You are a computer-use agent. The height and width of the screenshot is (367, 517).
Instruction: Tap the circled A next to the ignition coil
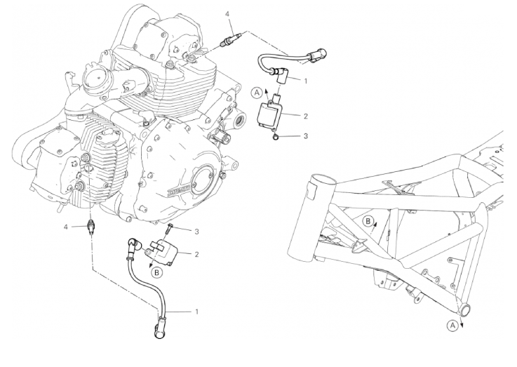[258, 92]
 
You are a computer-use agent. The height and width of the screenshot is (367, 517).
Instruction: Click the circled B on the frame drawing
[368, 221]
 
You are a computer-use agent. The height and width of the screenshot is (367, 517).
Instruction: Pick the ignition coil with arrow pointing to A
[275, 112]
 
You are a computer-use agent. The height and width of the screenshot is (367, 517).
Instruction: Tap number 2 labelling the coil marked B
[197, 254]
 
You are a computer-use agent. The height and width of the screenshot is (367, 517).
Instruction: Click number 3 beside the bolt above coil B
[197, 231]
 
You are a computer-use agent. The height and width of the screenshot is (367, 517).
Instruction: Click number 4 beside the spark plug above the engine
[227, 13]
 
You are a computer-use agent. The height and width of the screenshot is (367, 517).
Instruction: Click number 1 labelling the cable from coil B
[197, 311]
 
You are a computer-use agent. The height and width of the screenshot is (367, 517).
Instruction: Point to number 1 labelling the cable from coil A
[306, 81]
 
